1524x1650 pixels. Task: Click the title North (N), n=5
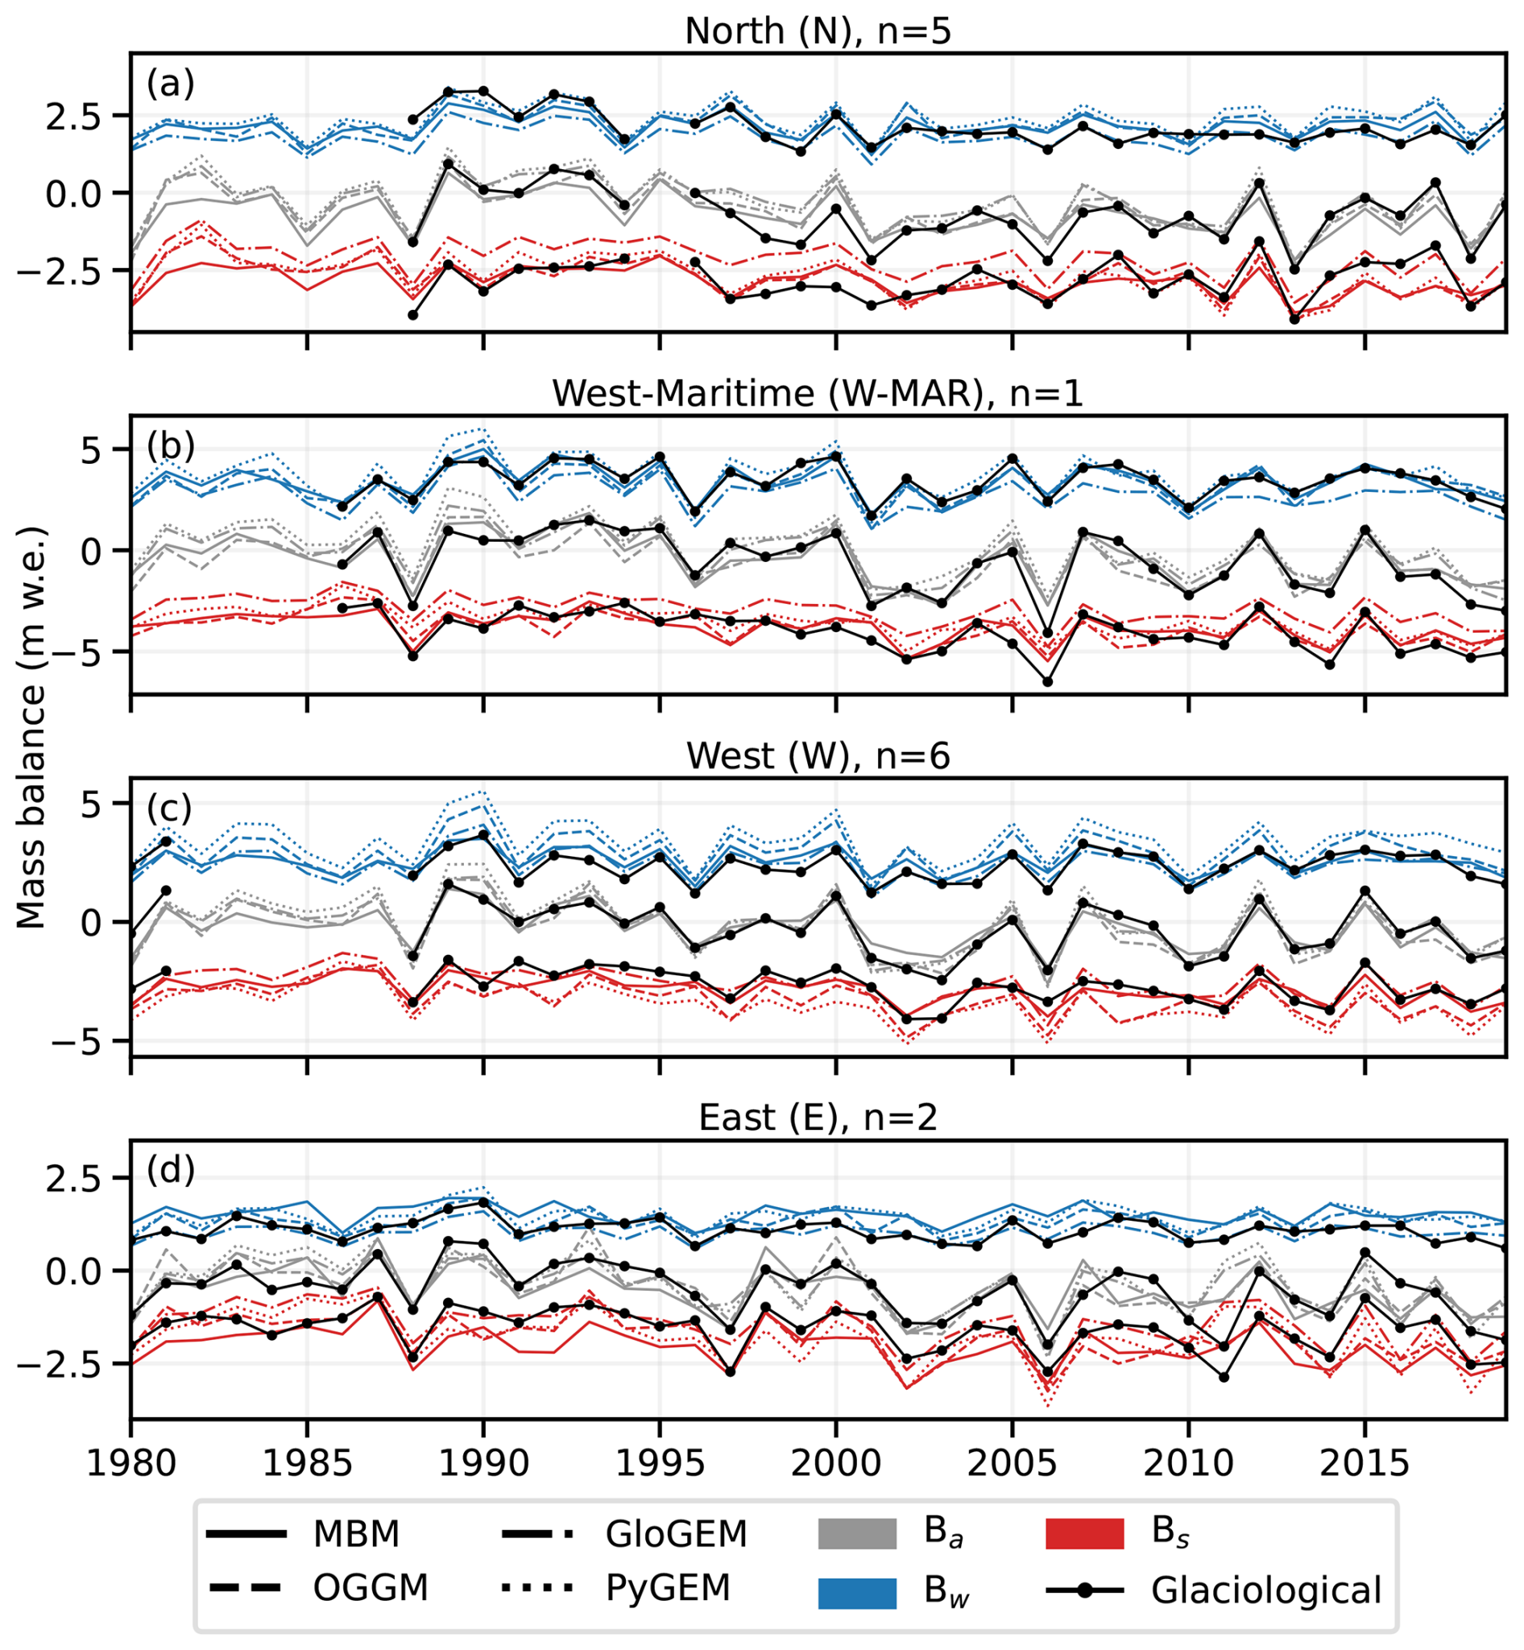(x=818, y=31)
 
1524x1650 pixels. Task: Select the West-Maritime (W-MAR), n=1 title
(x=818, y=393)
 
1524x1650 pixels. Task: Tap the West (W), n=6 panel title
(x=818, y=755)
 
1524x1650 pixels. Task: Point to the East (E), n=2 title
(x=818, y=1118)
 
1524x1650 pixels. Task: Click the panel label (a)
(x=171, y=83)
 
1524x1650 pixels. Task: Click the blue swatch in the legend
(x=857, y=1593)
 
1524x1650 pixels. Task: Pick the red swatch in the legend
(x=1084, y=1535)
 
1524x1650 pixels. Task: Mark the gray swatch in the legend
(x=857, y=1535)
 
